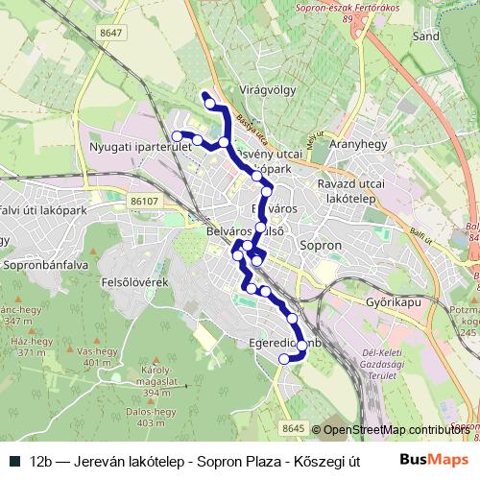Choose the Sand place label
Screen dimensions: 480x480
click(x=424, y=36)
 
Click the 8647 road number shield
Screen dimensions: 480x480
click(x=110, y=33)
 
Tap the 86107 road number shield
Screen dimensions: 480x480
click(x=145, y=202)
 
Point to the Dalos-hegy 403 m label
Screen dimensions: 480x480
click(x=158, y=417)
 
